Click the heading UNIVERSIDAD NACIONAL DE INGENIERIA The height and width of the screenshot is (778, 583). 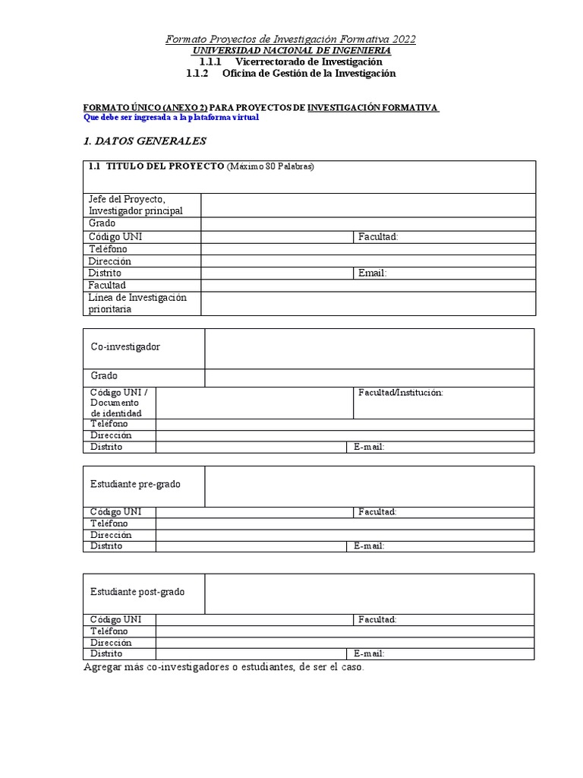291,50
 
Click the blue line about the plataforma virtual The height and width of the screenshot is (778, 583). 171,118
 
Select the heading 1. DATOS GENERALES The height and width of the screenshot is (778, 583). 143,141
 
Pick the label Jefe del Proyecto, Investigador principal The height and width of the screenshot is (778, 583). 136,204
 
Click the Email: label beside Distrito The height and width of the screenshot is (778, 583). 373,273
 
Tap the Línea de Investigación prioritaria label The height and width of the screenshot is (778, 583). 137,303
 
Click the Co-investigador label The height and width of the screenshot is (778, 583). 125,347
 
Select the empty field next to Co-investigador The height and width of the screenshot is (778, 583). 369,348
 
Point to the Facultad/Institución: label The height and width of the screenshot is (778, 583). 400,392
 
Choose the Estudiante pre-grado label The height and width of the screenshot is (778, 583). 135,485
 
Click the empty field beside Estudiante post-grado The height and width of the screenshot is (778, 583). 369,593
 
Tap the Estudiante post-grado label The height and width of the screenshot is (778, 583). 137,592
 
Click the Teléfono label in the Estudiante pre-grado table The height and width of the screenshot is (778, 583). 109,523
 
